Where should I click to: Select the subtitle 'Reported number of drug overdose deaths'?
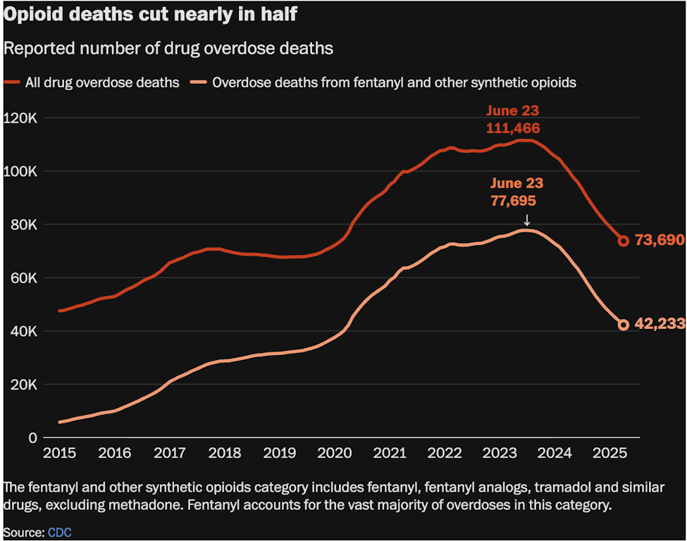point(168,49)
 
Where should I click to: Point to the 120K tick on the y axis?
point(23,118)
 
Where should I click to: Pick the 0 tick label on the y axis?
point(32,437)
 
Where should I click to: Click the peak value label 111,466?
point(513,128)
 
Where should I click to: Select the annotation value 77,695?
point(513,201)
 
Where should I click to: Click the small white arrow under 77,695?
point(526,220)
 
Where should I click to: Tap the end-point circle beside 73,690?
point(624,241)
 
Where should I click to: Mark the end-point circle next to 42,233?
point(624,325)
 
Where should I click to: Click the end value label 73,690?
point(659,241)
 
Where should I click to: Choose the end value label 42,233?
point(659,325)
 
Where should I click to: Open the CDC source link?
point(60,533)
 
